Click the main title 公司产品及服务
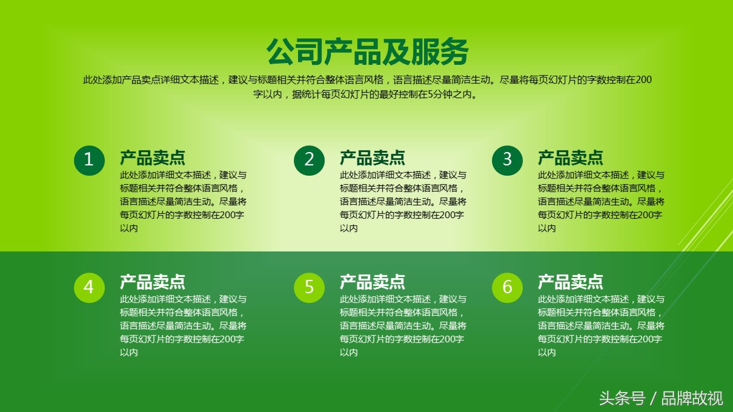click(367, 51)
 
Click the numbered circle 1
click(89, 161)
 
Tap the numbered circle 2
click(309, 161)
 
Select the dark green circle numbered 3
click(507, 161)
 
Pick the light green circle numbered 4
click(89, 288)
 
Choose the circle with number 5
click(309, 288)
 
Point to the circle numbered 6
click(507, 288)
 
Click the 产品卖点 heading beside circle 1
click(153, 158)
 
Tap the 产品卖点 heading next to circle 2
click(373, 158)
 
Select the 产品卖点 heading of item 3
click(571, 158)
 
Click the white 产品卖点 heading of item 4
click(153, 282)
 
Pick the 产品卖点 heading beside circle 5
click(373, 282)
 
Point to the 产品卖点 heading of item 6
click(571, 282)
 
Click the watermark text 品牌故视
click(692, 399)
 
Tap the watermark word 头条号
click(622, 399)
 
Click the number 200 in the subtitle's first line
click(643, 79)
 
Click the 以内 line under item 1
click(128, 228)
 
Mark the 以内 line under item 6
click(547, 353)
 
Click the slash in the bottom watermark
click(654, 399)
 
